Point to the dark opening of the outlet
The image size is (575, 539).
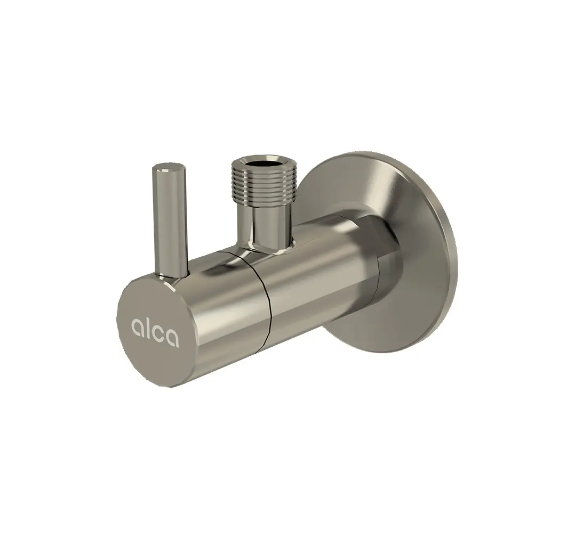261,162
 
